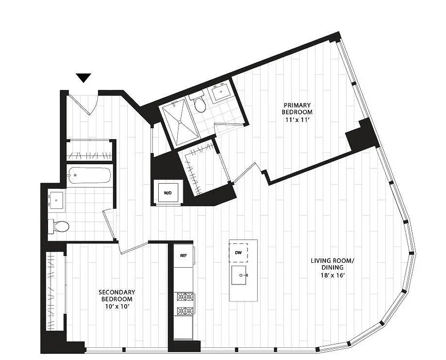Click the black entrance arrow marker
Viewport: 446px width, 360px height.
(x=84, y=78)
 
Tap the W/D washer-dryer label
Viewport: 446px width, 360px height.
(x=167, y=193)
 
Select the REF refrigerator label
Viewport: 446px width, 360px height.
(x=183, y=255)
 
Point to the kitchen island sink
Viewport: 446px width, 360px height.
(x=242, y=274)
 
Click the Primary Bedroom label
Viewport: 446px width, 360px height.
(x=297, y=108)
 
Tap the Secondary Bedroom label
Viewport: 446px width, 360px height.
(x=116, y=296)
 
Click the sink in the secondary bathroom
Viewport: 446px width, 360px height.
(x=57, y=199)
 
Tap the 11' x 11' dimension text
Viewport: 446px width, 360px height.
(x=297, y=119)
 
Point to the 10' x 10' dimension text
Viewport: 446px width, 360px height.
(x=116, y=306)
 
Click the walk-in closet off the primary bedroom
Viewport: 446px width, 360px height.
(x=200, y=166)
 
